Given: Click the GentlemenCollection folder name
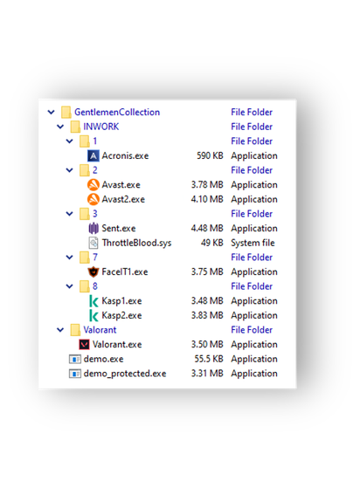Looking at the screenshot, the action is (117, 112).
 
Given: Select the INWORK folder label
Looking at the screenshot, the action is (100, 127).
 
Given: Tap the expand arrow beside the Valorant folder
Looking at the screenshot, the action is (60, 330).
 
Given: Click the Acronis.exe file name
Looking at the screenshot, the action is (125, 155).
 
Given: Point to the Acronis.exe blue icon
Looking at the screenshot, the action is (93, 155).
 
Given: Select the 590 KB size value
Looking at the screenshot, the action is (210, 155).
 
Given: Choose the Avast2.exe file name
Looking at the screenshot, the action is (123, 199).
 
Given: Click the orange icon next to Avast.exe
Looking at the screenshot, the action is (93, 185).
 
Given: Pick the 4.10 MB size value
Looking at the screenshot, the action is (207, 199).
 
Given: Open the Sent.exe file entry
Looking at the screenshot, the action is (119, 229).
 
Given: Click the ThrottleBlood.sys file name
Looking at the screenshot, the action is (136, 243).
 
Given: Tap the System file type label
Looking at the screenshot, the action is (253, 243).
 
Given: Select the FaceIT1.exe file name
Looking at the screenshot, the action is (125, 272).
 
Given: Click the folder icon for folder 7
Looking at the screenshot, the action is (85, 258).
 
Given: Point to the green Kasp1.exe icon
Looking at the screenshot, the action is (93, 301).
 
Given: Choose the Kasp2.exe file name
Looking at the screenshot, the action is (121, 315).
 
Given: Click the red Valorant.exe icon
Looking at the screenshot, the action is (84, 345).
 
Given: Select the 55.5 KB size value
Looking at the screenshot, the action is (209, 359).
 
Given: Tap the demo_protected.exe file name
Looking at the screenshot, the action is (125, 374).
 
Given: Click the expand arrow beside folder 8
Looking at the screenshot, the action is (69, 286).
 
